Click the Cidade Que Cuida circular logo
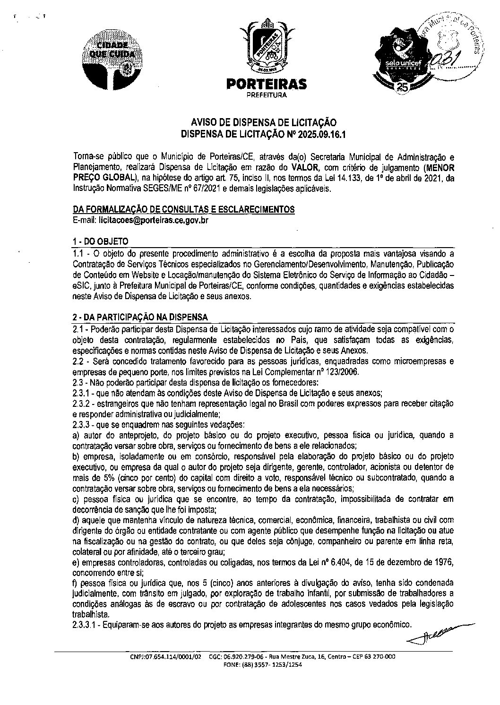(112, 57)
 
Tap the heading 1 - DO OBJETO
(101, 241)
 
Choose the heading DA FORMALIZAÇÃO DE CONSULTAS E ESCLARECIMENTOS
(184, 209)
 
